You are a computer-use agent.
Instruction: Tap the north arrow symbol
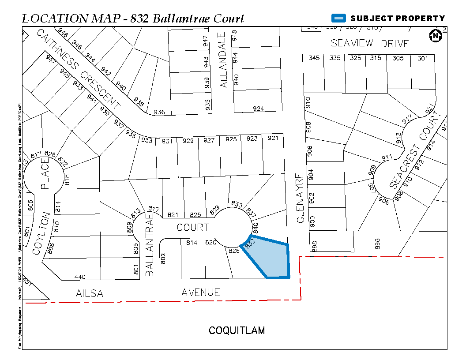(436, 36)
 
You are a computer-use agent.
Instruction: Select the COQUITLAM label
(237, 330)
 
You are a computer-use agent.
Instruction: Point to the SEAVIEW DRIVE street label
(370, 43)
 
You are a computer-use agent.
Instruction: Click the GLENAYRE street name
(301, 198)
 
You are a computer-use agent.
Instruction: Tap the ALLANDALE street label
(224, 60)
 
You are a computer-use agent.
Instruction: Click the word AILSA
(90, 293)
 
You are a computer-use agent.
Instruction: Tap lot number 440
(80, 277)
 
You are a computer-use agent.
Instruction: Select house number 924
(259, 109)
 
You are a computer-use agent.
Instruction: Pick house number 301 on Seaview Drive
(423, 58)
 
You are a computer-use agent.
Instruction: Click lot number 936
(159, 112)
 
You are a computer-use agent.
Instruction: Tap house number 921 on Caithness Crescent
(273, 139)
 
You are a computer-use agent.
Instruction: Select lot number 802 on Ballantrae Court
(163, 258)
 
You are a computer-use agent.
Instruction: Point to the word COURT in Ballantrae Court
(193, 227)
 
